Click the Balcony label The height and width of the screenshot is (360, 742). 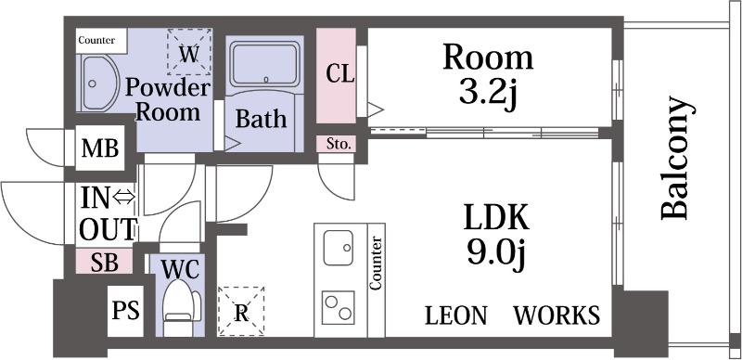point(677,158)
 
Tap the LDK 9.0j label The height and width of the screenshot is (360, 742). point(496,238)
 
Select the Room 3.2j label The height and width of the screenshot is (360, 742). point(488,75)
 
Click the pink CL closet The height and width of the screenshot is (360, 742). point(336,75)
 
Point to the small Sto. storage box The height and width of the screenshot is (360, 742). point(336,144)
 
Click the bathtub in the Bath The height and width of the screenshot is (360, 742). point(264,64)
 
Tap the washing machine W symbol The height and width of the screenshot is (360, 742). point(189,52)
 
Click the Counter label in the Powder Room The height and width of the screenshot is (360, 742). point(96,40)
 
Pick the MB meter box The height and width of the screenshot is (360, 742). point(100,148)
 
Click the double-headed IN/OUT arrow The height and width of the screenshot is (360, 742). point(124,197)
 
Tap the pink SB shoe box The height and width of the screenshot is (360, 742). point(105,262)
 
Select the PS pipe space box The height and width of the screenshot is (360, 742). point(125,311)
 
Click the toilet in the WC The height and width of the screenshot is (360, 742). point(181,307)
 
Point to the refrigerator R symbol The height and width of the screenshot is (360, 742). point(241,311)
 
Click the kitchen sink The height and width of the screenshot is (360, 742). point(339,248)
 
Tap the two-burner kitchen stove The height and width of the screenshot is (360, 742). point(339,307)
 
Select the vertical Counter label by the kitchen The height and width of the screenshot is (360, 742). point(376,264)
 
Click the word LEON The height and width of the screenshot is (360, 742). point(455,315)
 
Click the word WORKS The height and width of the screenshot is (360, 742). point(557,315)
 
